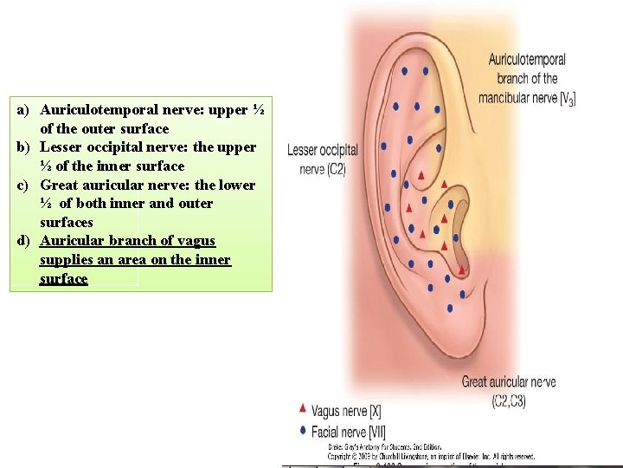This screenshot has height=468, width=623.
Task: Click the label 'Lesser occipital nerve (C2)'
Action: pos(322,159)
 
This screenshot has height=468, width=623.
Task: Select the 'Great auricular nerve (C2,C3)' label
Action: pos(508,391)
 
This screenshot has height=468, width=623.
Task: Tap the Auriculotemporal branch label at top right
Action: pos(526,78)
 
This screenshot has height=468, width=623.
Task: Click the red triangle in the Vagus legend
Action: pos(302,407)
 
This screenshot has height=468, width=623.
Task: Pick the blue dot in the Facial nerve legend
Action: pos(302,429)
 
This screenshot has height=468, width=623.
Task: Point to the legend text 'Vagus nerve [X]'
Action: pos(346,411)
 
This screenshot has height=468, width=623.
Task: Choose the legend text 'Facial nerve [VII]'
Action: pos(349,432)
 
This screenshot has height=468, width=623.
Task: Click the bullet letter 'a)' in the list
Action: pos(23,110)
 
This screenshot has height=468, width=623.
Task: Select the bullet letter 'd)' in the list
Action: pos(23,240)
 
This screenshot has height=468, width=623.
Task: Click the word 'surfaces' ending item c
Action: pos(67,222)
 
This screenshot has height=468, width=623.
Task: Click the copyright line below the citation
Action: pos(431,455)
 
